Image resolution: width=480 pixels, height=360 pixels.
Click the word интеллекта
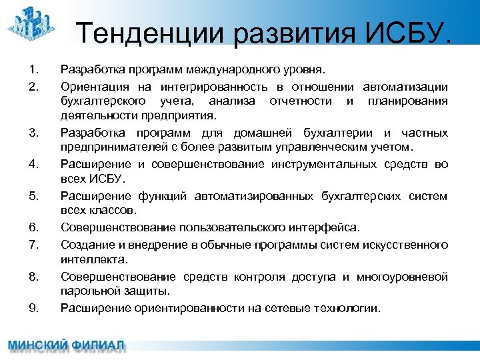coord(93,259)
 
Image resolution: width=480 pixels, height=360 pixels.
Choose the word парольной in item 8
coord(87,291)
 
